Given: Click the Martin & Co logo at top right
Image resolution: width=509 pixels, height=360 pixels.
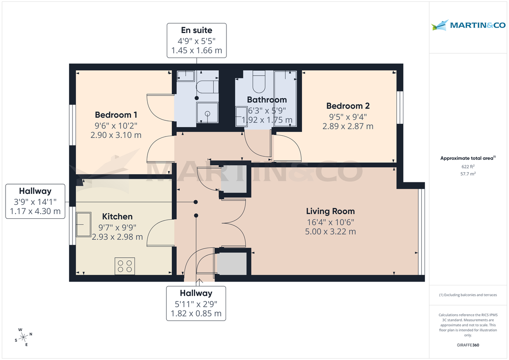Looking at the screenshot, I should click(468, 25).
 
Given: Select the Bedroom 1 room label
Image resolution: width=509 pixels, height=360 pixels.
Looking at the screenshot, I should click(116, 115).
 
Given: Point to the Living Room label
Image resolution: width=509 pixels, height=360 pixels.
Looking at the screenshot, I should click(330, 211).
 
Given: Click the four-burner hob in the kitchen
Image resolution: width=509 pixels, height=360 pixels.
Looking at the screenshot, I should click(125, 266).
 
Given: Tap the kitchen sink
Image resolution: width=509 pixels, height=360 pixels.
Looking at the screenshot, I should click(83, 223).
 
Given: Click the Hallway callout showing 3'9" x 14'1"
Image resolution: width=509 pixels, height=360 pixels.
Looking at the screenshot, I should click(35, 201).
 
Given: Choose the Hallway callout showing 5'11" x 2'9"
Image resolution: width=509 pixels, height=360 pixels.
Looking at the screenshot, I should click(196, 303).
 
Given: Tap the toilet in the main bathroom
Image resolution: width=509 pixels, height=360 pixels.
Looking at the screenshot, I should click(258, 82).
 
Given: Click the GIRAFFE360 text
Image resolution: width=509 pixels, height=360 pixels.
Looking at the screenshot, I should click(468, 345).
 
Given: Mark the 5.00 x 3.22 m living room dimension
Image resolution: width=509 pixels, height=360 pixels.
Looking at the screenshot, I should click(330, 232).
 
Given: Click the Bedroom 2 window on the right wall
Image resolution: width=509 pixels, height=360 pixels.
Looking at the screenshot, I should click(400, 107).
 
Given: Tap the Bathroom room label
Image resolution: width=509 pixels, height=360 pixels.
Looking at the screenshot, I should click(267, 100).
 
